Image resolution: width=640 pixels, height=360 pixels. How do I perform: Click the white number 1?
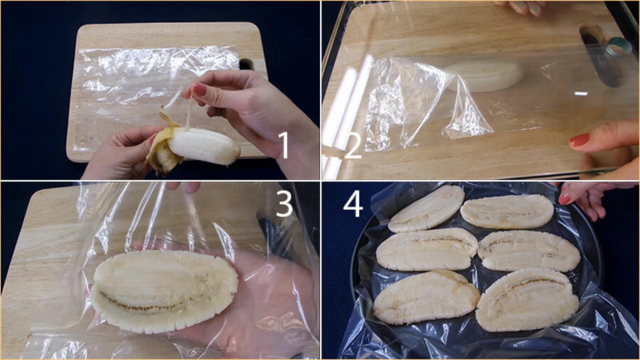click(284, 146)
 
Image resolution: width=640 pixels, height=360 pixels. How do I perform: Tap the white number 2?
click(353, 146)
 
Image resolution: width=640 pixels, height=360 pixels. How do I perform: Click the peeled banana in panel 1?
click(204, 145)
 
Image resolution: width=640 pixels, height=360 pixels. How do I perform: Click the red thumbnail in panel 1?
click(199, 90)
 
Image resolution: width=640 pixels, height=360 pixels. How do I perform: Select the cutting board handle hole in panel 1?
click(246, 64)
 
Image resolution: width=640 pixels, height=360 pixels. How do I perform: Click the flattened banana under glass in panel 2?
click(484, 76)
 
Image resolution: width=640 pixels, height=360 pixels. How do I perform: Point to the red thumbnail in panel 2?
click(579, 139)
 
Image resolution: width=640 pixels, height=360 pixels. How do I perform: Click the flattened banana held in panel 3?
click(164, 291)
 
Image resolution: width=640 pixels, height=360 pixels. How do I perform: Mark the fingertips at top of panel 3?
click(183, 187)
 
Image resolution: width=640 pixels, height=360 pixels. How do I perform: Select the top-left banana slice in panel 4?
click(426, 208)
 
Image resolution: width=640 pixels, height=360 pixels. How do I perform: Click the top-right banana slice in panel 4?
click(507, 211)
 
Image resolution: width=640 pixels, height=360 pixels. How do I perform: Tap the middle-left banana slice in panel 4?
click(427, 249)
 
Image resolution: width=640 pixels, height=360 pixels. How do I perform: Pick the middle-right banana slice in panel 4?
click(529, 250)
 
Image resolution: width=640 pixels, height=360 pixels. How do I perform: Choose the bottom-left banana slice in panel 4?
click(427, 297)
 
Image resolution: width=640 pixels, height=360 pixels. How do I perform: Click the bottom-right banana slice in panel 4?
click(528, 300)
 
